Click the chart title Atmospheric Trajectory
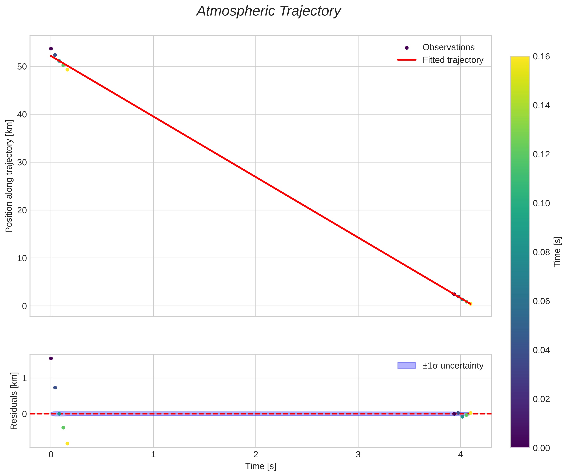click(268, 11)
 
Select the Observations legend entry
click(448, 47)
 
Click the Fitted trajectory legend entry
click(453, 60)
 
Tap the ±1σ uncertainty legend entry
click(453, 366)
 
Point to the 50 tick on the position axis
click(22, 67)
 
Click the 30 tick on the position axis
click(22, 162)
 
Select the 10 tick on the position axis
click(22, 258)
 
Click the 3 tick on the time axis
click(358, 455)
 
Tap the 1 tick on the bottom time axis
click(153, 455)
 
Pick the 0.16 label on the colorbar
click(541, 56)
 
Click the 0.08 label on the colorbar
click(541, 252)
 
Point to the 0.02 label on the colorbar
click(541, 399)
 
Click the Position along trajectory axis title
click(9, 176)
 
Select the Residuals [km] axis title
click(14, 401)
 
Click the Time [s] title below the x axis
click(260, 466)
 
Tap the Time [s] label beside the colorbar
click(557, 252)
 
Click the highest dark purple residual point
click(51, 358)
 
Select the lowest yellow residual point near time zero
click(67, 444)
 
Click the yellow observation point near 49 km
click(67, 70)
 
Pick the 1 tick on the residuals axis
click(24, 378)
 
